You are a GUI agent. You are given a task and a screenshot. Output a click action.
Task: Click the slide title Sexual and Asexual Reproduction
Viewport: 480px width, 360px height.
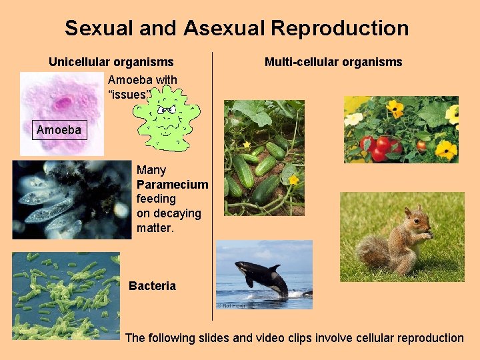click(x=237, y=28)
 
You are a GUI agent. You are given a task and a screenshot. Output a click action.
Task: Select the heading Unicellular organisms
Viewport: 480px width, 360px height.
click(x=111, y=62)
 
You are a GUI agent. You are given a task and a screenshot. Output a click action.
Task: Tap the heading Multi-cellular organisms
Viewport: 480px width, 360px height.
click(x=333, y=62)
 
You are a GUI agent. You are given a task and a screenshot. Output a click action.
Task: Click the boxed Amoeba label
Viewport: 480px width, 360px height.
click(x=59, y=130)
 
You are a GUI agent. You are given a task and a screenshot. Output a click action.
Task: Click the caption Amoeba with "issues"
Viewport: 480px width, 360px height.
click(x=142, y=87)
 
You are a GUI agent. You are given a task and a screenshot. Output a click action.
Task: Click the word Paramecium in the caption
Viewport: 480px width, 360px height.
click(x=172, y=185)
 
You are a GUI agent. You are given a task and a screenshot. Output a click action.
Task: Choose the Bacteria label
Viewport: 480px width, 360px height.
click(x=152, y=286)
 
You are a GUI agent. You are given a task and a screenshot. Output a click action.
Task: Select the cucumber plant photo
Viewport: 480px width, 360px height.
click(x=263, y=158)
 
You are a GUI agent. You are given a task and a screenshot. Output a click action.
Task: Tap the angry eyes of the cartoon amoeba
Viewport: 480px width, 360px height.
click(x=167, y=109)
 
